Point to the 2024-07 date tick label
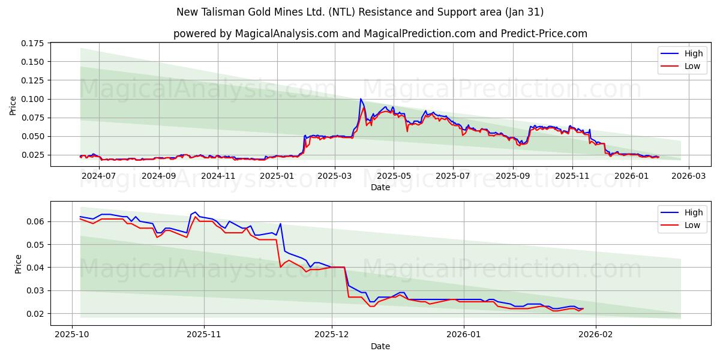pos(98,176)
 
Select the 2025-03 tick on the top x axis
pos(334,176)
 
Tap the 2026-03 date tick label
pos(688,176)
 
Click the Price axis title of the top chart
pos(13,105)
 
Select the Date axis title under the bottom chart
pos(380,346)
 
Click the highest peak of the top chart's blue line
pos(361,99)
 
